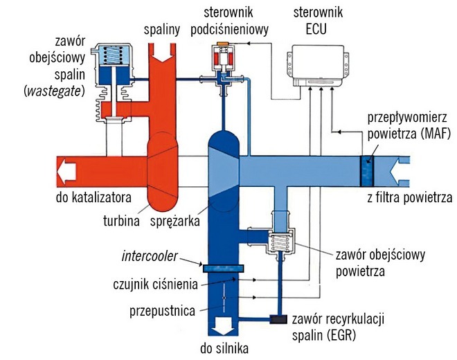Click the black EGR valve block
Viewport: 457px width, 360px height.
click(280, 319)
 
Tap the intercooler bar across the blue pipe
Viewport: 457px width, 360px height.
click(222, 266)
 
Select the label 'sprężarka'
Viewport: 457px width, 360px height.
click(173, 222)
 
